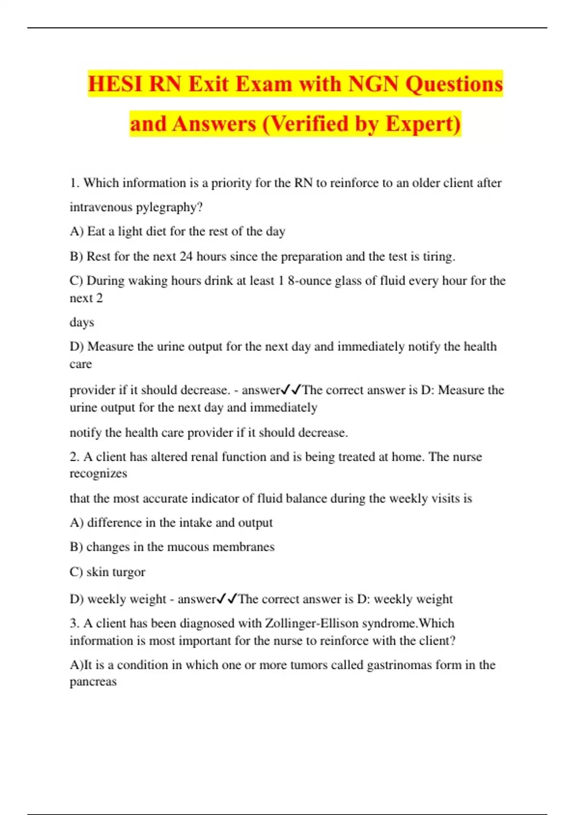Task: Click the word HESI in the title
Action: point(115,84)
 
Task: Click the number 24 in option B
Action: point(186,256)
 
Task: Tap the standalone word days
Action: point(81,322)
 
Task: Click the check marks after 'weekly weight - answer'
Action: point(227,599)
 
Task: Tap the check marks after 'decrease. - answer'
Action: point(291,390)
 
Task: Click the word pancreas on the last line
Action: point(93,682)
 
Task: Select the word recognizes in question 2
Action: point(98,474)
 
